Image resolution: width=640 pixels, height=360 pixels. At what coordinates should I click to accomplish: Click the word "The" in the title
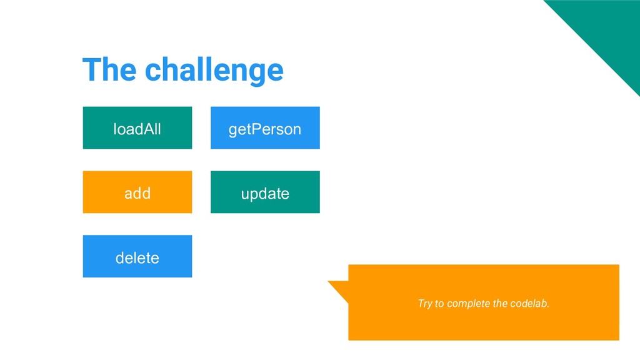pyautogui.click(x=109, y=69)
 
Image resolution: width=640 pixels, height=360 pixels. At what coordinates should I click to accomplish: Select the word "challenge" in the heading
pyautogui.click(x=214, y=70)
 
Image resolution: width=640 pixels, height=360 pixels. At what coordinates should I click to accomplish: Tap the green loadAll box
pyautogui.click(x=137, y=127)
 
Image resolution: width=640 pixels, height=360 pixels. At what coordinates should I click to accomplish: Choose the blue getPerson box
pyautogui.click(x=265, y=127)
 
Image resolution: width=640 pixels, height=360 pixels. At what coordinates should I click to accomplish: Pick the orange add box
pyautogui.click(x=137, y=192)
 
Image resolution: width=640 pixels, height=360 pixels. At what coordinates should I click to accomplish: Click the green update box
pyautogui.click(x=265, y=192)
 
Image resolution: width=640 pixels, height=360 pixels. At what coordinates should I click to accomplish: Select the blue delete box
pyautogui.click(x=137, y=256)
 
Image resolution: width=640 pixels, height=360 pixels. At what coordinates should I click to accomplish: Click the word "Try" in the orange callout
pyautogui.click(x=424, y=304)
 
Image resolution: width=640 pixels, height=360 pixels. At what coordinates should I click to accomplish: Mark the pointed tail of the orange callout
pyautogui.click(x=329, y=282)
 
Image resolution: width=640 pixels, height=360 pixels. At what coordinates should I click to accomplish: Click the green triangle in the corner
pyautogui.click(x=608, y=29)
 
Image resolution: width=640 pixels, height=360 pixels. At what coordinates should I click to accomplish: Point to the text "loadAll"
pyautogui.click(x=137, y=129)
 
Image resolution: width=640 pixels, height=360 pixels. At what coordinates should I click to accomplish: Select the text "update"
pyautogui.click(x=265, y=194)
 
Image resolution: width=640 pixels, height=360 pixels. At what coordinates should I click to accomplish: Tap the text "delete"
pyautogui.click(x=137, y=257)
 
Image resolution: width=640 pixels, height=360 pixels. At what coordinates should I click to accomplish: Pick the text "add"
pyautogui.click(x=137, y=193)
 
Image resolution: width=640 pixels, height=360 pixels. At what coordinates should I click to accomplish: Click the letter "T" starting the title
pyautogui.click(x=91, y=69)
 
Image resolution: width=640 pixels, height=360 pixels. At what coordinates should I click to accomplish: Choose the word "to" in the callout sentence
pyautogui.click(x=439, y=304)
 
